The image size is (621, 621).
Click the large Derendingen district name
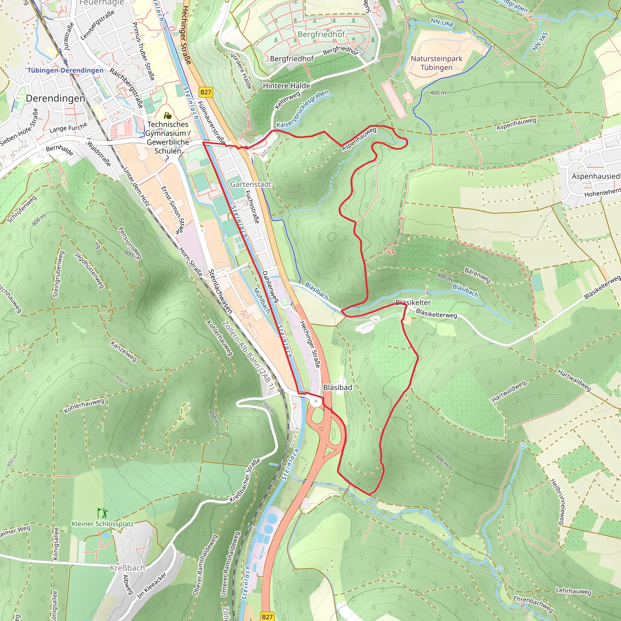55,98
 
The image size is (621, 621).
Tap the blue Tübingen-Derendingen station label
65,70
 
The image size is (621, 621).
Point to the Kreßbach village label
127,568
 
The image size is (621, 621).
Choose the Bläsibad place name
337,387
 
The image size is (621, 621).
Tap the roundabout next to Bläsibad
316,401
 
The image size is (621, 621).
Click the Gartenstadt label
251,184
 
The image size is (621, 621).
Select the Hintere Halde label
286,86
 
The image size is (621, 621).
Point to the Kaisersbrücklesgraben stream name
302,109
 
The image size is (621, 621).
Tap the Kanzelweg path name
124,351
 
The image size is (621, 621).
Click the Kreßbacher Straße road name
245,481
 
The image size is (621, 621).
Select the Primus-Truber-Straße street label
144,51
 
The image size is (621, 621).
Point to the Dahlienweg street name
270,287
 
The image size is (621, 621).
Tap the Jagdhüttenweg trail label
89,270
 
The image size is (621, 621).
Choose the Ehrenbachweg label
532,604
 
